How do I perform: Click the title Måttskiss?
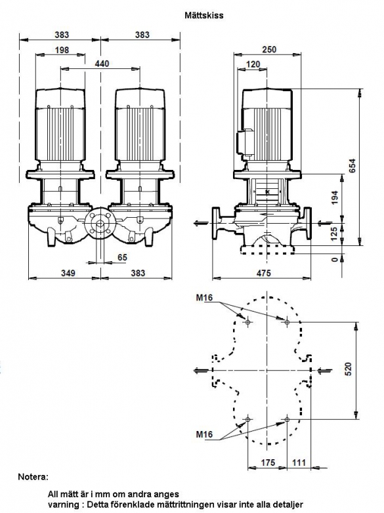click(204, 15)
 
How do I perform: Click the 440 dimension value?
click(102, 63)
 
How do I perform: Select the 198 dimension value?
click(62, 50)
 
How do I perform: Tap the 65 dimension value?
click(122, 257)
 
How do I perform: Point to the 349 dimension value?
click(68, 273)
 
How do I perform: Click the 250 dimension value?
click(269, 49)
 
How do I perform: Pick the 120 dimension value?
click(253, 64)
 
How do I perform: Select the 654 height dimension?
click(351, 166)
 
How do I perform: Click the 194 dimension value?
click(335, 197)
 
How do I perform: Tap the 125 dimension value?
click(334, 234)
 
